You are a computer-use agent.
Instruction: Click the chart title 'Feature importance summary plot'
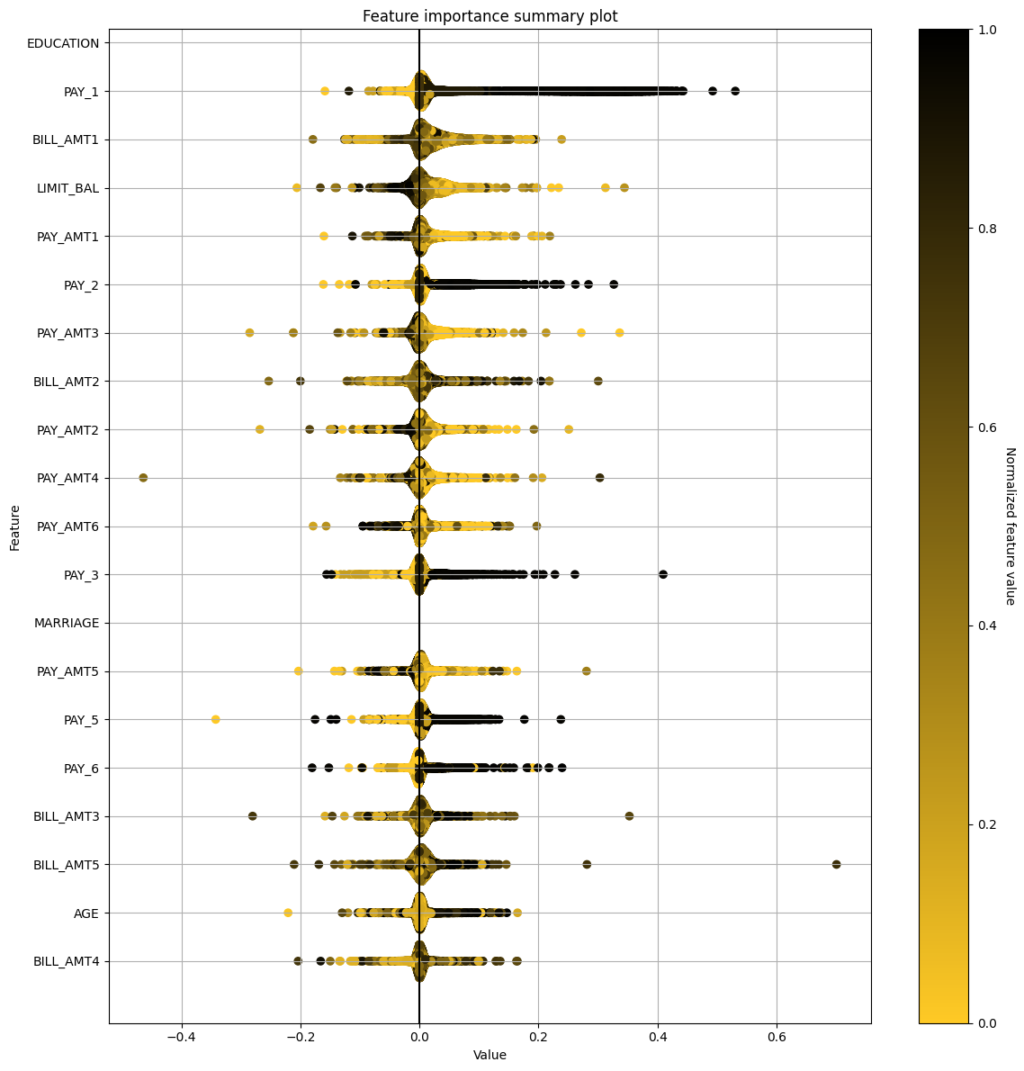490,16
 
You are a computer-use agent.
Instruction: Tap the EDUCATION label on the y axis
63,43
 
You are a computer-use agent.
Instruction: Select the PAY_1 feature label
81,92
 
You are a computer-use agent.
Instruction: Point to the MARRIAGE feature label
67,623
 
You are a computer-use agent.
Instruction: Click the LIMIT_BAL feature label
67,189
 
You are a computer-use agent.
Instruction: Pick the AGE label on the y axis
86,913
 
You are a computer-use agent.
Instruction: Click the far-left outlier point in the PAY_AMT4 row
143,478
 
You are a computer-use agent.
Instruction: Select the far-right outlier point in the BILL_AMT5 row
836,864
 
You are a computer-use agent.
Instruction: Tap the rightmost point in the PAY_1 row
735,91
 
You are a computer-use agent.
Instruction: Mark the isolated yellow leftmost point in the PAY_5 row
215,719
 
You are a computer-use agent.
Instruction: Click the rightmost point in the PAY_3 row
663,574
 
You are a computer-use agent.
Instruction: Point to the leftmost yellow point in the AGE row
288,913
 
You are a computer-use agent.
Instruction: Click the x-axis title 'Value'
490,1055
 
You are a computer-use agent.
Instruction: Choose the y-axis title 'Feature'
15,526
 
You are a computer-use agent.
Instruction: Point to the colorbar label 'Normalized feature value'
1010,526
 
